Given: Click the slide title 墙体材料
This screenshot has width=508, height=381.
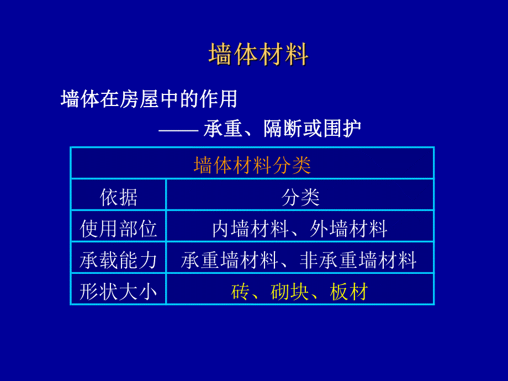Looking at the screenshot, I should click(x=258, y=55).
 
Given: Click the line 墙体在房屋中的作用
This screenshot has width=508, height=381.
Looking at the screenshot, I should click(x=149, y=99).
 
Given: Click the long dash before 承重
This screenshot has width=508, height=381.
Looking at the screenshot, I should click(x=178, y=130).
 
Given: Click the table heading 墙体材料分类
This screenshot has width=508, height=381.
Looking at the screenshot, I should click(x=252, y=165).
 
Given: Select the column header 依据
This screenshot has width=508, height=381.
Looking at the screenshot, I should click(x=119, y=197).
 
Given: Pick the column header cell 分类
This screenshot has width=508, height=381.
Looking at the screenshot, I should click(x=300, y=197).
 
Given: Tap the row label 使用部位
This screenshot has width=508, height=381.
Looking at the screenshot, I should click(x=119, y=229).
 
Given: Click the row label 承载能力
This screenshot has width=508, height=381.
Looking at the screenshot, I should click(x=119, y=260).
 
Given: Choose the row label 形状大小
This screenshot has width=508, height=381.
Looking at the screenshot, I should click(x=119, y=292).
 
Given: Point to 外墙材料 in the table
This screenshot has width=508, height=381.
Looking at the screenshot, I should click(x=349, y=229).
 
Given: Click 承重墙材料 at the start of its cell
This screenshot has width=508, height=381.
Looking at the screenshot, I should click(x=229, y=260).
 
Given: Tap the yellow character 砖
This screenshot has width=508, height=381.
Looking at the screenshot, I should click(x=240, y=292).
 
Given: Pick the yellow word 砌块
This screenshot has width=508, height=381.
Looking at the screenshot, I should click(x=290, y=292).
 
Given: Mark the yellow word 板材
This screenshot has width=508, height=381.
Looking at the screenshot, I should click(x=349, y=292).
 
